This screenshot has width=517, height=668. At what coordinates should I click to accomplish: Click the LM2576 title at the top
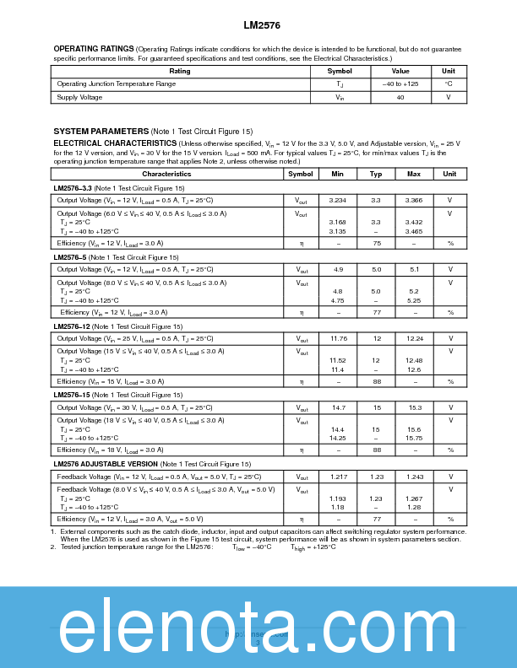(258, 25)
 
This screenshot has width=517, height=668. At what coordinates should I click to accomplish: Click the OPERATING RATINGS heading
(94, 49)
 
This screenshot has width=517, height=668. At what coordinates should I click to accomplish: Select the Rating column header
(180, 71)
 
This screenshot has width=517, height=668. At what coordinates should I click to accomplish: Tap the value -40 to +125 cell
(400, 84)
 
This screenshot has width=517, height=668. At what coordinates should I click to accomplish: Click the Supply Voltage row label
(79, 97)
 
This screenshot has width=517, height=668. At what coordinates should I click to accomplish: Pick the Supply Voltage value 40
(400, 97)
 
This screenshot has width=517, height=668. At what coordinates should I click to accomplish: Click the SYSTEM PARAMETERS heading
(101, 132)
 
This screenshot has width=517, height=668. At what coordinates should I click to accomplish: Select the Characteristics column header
(166, 174)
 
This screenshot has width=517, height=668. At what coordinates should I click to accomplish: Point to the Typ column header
(376, 174)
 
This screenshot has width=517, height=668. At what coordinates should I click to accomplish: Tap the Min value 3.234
(338, 200)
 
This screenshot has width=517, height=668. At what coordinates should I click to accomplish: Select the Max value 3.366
(414, 200)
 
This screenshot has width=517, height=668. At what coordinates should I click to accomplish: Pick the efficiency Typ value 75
(376, 243)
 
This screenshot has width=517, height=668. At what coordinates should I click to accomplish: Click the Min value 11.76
(338, 338)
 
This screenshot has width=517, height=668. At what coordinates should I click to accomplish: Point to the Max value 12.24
(414, 338)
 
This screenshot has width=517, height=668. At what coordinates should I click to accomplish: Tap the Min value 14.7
(338, 407)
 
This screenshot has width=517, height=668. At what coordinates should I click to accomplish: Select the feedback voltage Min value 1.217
(338, 477)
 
